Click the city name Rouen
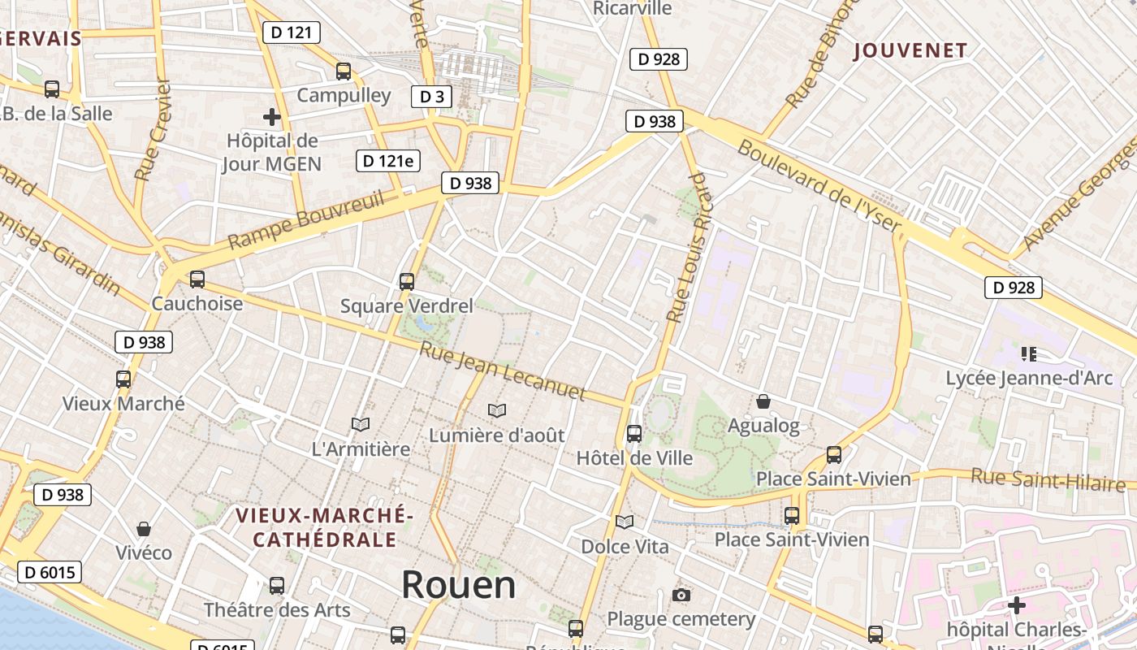459,584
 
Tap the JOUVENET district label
910,50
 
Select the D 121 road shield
292,32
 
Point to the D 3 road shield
430,97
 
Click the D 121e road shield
388,161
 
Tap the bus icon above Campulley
344,71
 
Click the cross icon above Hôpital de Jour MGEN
272,118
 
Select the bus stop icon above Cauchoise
197,279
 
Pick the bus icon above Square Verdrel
407,282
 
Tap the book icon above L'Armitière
361,424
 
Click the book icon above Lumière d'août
497,411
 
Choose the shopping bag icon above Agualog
763,401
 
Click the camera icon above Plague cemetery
681,596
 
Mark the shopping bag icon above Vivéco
144,529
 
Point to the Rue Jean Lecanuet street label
502,371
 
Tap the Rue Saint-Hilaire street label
1048,479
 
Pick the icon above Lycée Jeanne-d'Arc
1029,353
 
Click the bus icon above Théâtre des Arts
277,586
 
